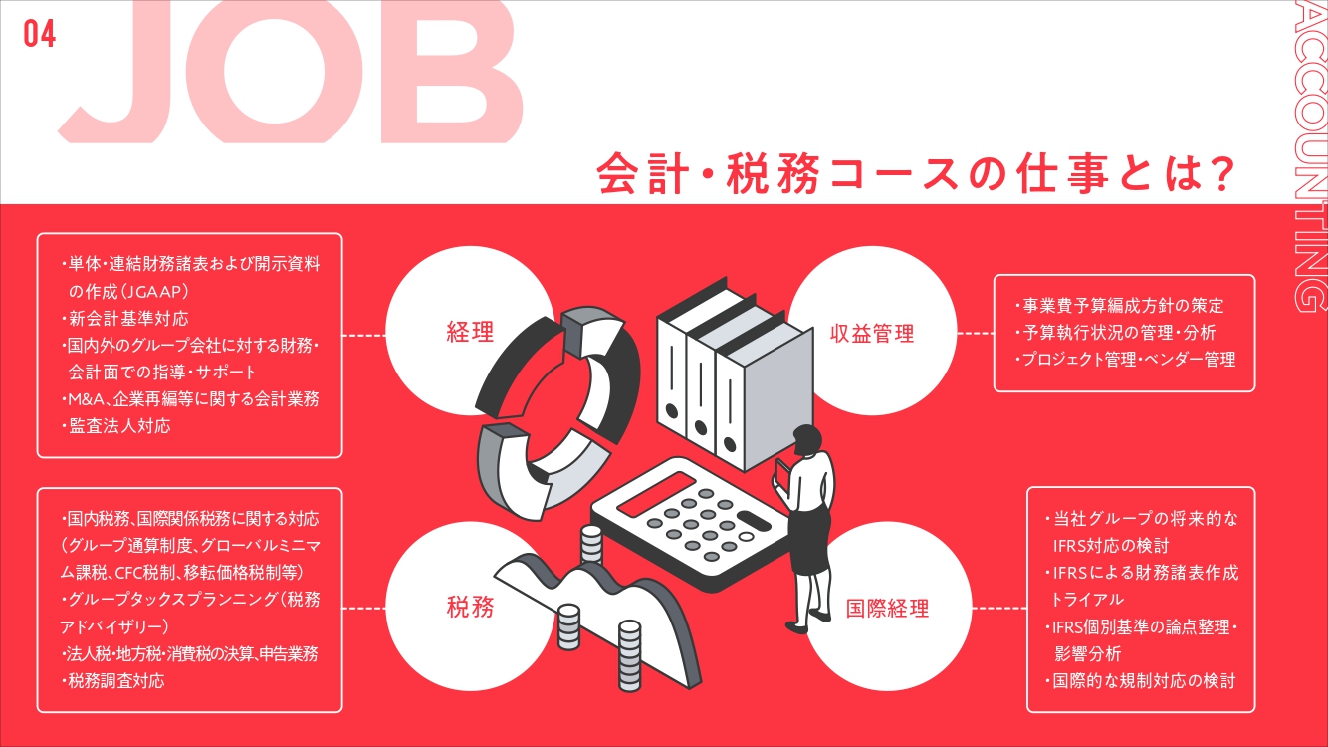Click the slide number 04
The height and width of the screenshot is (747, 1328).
pos(40,34)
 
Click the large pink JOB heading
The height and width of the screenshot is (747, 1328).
pos(289,75)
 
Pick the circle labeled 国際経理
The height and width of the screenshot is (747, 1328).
pos(886,608)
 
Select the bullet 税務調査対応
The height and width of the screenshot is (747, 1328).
pos(113,681)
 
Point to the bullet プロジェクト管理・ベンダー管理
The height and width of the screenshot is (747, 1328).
pos(1126,360)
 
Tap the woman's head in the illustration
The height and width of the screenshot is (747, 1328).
pos(805,439)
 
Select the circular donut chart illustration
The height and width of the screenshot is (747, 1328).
pos(548,418)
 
